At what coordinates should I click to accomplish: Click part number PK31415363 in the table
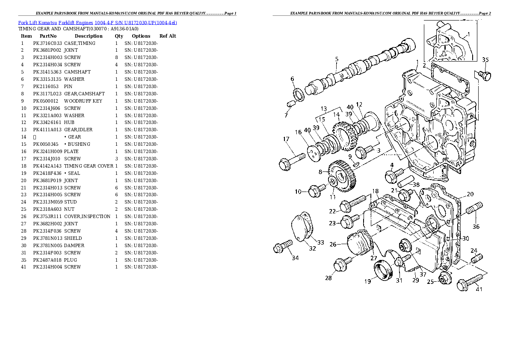pos(47,72)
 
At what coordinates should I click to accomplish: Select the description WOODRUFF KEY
pos(83,101)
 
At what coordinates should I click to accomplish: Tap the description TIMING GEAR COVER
pos(89,166)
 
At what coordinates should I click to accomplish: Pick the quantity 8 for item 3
pos(116,57)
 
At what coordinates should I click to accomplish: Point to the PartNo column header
pos(48,36)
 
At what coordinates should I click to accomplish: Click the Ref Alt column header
pos(168,36)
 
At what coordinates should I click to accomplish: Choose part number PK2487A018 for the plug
pos(47,260)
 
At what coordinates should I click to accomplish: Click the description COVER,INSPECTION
pos(87,216)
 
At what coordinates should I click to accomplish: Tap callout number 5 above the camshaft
pos(337,59)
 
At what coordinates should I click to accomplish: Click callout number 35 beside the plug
pos(485,59)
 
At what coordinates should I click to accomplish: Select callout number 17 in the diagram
pos(286,139)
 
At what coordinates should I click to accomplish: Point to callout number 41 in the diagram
pos(479,289)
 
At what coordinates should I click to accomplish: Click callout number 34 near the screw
pos(295,257)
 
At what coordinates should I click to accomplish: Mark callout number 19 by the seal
pos(367,281)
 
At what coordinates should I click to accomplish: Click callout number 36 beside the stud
pos(476,227)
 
